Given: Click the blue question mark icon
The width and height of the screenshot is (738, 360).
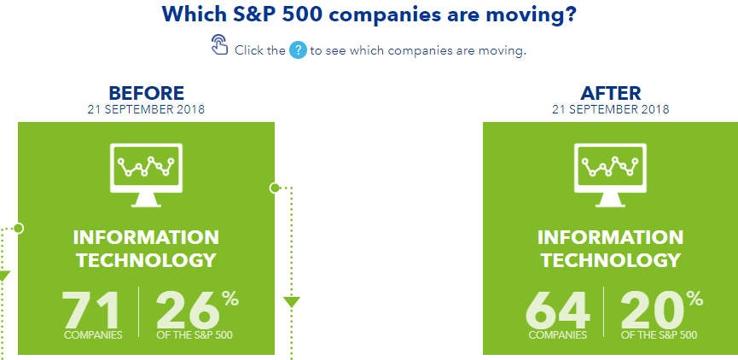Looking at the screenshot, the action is point(298,49).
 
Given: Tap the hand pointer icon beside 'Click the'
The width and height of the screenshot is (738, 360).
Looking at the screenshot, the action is point(219,44).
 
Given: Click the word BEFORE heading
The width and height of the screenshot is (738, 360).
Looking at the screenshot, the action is point(147,93).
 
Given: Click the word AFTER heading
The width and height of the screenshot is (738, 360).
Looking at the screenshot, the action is point(611,93).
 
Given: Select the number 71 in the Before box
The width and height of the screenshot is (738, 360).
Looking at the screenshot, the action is point(91,311).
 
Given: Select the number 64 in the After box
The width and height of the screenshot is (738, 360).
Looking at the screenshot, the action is point(558,311).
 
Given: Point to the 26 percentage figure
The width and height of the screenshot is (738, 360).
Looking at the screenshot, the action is point(188,311).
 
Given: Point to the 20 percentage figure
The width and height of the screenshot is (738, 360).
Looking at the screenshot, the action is point(653,311).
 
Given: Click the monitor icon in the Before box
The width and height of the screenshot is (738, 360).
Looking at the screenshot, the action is point(146,175).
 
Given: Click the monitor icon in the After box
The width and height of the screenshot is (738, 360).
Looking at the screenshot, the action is point(611,175).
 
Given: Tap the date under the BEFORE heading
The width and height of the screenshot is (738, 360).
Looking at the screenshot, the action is point(146,110).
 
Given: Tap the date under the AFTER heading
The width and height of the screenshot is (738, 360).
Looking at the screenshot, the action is point(611,110).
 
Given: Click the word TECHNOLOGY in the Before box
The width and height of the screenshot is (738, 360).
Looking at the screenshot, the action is point(147,260).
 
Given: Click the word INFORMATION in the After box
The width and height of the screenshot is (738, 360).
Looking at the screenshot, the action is point(611,237).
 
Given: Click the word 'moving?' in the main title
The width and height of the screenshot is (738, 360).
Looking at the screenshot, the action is point(531,15).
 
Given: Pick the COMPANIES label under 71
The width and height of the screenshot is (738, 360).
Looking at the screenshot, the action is point(93,335).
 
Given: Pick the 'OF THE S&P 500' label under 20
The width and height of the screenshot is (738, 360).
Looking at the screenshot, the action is point(659,335).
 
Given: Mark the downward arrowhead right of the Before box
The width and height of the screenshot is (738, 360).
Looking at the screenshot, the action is point(291,302).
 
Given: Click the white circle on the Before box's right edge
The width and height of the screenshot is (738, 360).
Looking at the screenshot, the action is point(275,189).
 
